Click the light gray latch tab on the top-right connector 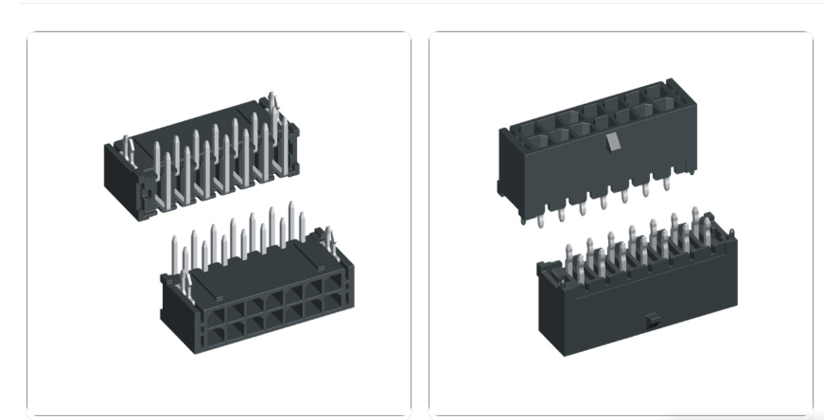click(x=612, y=142)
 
